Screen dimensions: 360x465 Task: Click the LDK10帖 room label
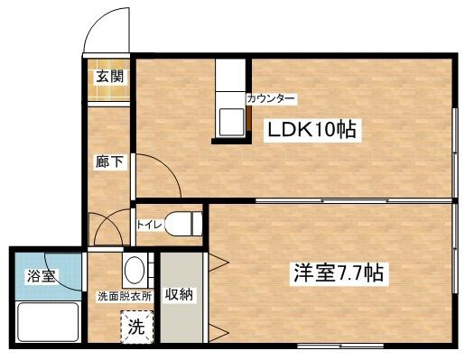tap(312, 131)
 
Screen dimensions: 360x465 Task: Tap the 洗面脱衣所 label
tap(125, 296)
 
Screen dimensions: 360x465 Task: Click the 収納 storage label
tap(177, 295)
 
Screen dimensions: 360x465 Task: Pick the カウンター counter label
tap(271, 98)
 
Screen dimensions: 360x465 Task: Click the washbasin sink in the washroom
tap(135, 270)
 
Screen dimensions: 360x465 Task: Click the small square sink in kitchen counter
tap(232, 119)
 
